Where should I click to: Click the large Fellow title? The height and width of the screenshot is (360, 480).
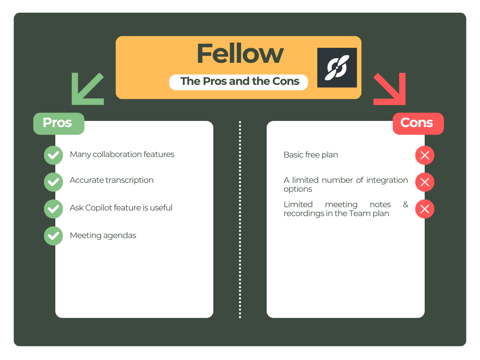[240, 54]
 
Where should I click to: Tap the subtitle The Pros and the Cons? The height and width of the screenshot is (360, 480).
[239, 82]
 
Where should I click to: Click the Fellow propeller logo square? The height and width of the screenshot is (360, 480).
[337, 67]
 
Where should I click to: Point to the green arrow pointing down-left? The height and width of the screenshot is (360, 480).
[86, 89]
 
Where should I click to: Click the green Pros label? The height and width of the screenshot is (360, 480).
[58, 123]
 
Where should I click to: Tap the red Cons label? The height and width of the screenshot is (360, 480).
[418, 123]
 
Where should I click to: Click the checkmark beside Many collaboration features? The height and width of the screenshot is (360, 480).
[53, 155]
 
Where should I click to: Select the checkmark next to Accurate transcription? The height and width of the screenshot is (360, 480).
[53, 182]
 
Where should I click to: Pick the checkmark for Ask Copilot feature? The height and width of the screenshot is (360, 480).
[53, 209]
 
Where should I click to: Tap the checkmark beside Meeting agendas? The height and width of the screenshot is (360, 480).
[53, 236]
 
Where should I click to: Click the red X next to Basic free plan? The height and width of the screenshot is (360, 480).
[425, 155]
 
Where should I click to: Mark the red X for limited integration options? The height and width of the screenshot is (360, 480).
[425, 182]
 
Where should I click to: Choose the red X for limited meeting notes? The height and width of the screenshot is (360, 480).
[425, 209]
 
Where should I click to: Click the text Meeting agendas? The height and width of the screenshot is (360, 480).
[103, 235]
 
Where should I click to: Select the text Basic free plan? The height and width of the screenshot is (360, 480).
[310, 155]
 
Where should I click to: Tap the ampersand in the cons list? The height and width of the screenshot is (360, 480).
[405, 204]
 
